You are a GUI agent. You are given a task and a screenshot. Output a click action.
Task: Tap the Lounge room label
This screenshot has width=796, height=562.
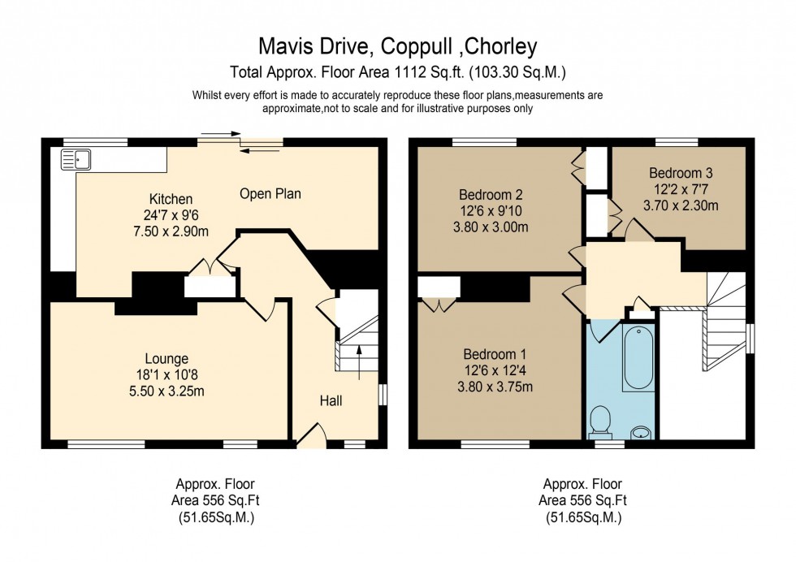[167, 358]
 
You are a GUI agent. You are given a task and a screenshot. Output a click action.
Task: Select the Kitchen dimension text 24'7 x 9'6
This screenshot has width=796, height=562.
[171, 216]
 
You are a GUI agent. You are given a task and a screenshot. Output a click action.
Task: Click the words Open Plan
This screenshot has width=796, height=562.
[270, 193]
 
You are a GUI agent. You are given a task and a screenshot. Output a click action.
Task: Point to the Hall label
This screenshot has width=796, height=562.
[331, 400]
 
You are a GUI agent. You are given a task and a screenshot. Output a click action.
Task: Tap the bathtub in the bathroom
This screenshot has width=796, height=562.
[638, 358]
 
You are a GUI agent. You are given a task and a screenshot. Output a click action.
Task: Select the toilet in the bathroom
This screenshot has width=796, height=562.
[602, 421]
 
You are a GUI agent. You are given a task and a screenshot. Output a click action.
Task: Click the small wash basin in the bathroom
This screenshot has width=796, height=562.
[642, 430]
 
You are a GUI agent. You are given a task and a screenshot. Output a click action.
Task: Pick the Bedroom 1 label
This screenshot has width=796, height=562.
[495, 354]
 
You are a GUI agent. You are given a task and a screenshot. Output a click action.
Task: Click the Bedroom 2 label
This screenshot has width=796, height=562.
[491, 195]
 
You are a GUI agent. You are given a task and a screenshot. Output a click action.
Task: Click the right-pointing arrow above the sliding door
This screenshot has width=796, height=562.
[220, 133]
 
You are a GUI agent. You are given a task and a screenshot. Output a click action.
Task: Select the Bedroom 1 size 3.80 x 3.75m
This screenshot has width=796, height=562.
[495, 386]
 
